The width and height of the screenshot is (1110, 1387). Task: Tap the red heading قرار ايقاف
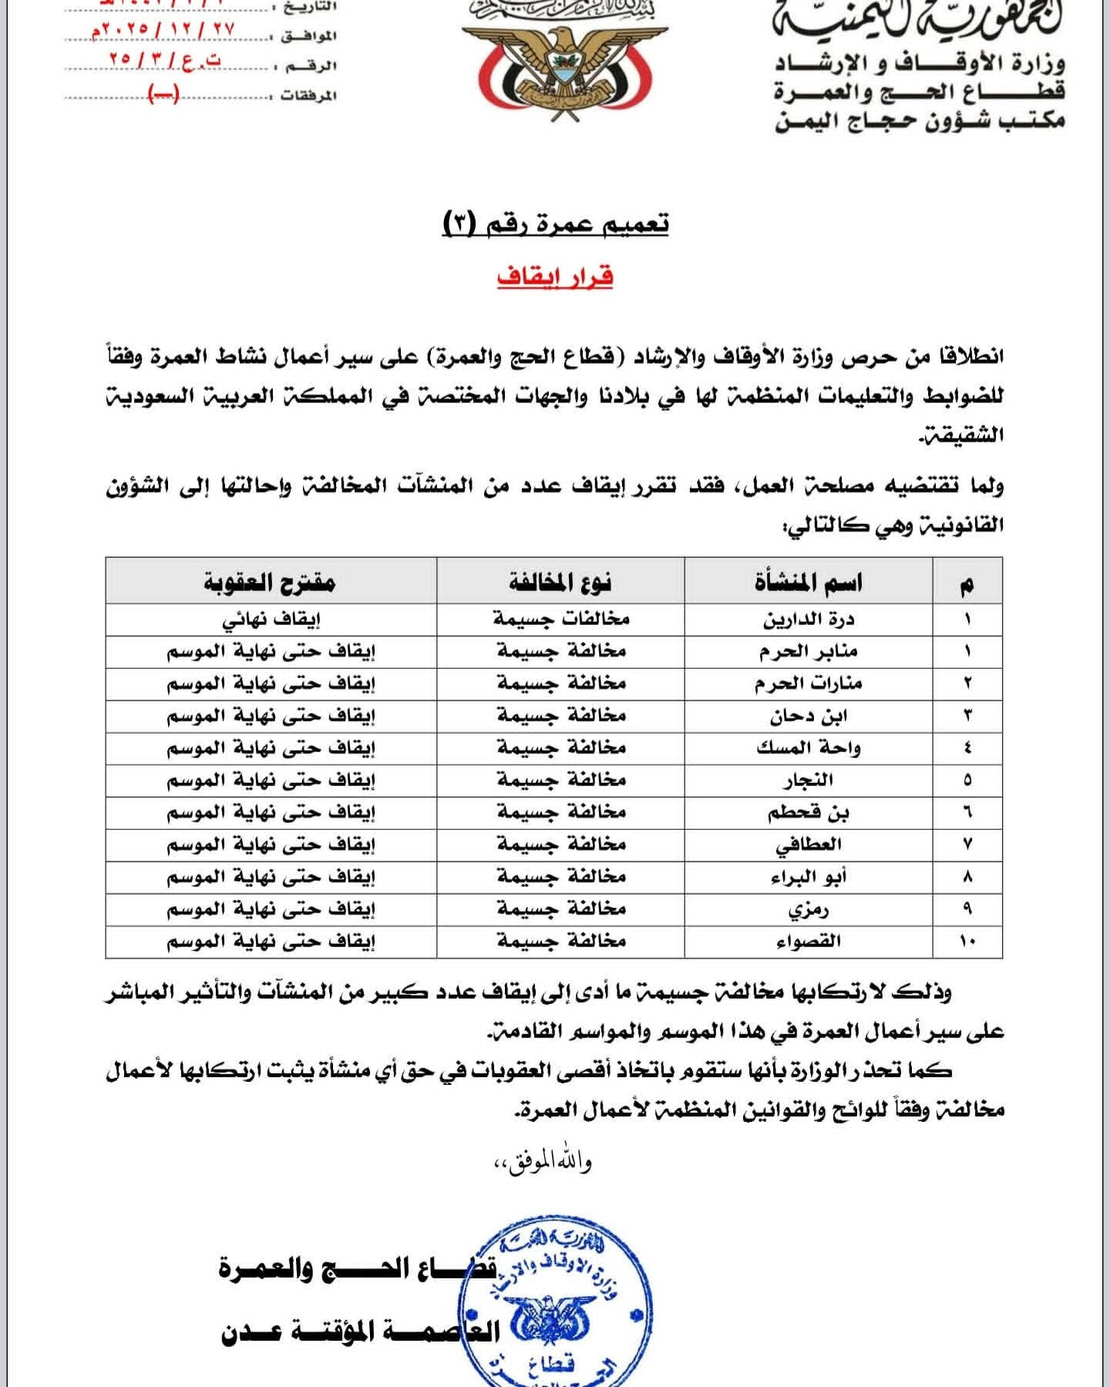point(555,276)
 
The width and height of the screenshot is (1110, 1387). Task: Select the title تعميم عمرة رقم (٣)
point(556,224)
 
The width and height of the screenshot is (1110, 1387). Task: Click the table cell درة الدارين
point(809,619)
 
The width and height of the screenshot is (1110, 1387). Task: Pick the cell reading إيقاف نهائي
point(271,620)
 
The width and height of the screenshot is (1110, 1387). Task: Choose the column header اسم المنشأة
point(809,582)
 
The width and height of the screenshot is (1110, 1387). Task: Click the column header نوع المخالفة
point(560,582)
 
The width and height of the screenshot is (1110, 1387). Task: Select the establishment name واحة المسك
point(809,747)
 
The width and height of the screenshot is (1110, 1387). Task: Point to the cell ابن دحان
point(809,716)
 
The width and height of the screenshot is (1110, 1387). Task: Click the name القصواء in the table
point(809,941)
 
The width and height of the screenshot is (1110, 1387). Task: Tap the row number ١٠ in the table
point(967,941)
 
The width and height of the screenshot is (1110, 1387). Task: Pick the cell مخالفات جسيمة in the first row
point(561,619)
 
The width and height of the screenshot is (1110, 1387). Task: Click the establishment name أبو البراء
point(809,876)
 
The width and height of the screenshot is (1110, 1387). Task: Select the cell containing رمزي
point(809,909)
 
